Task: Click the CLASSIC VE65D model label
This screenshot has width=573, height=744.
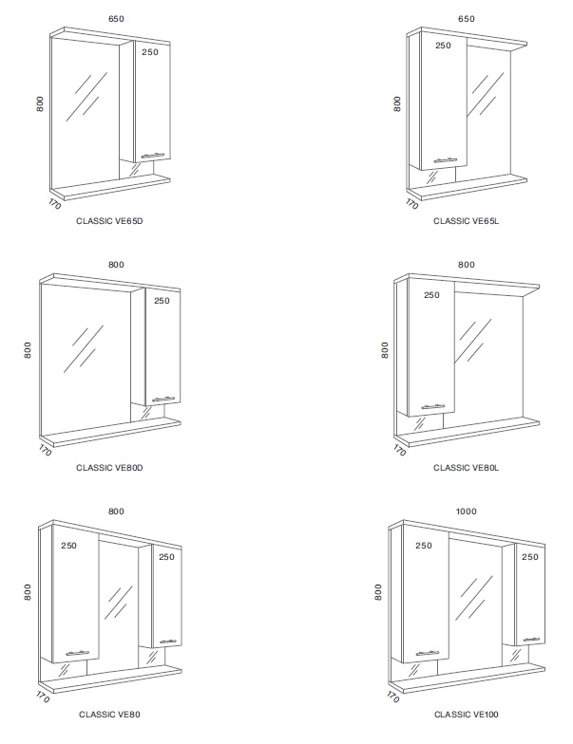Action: [109, 221]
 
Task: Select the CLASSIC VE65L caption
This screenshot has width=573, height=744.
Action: [466, 221]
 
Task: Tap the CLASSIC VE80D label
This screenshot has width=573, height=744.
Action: [109, 468]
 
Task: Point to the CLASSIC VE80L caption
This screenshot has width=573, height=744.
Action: [466, 468]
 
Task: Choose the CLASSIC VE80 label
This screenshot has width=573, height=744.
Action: [109, 715]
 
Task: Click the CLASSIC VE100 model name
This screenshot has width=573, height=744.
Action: [466, 715]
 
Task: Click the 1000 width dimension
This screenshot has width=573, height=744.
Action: [466, 512]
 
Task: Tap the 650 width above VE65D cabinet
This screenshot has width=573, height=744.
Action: [116, 19]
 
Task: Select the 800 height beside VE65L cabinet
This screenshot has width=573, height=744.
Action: [397, 104]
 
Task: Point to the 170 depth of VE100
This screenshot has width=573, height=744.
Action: [393, 697]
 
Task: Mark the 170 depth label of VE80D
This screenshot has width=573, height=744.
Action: [45, 450]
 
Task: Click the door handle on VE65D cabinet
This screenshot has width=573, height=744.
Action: [152, 156]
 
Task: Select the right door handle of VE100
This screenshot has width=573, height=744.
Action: [531, 640]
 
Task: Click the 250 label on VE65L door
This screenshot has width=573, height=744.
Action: [443, 46]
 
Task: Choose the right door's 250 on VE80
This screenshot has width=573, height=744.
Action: [167, 557]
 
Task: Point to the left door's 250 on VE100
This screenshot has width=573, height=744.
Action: [424, 546]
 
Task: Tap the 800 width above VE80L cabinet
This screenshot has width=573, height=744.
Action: [466, 265]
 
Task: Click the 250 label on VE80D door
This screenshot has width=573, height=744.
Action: [162, 301]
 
